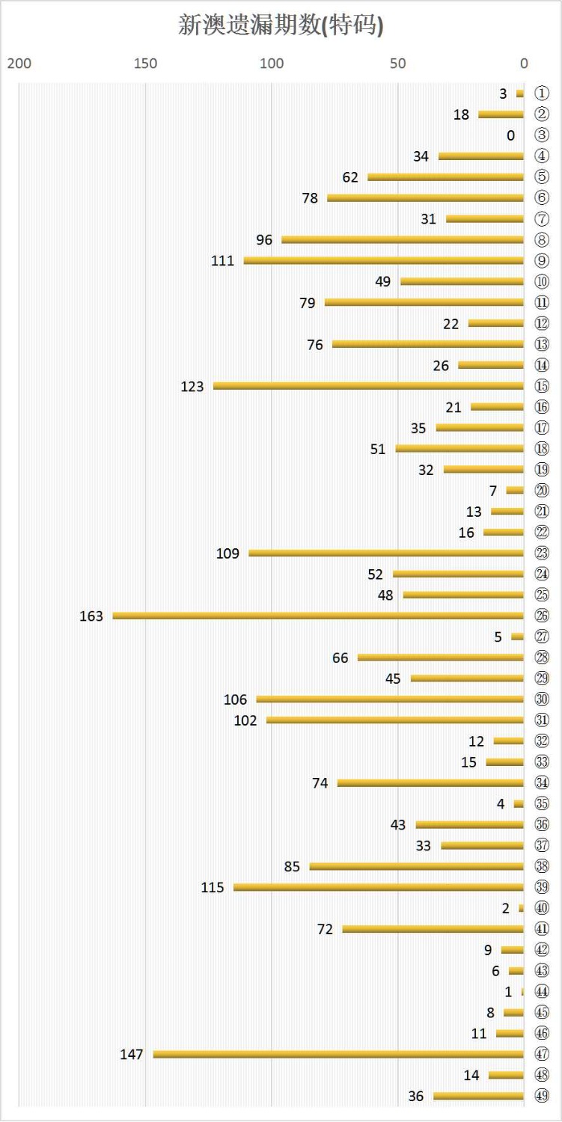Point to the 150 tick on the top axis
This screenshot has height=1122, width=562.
pos(145,63)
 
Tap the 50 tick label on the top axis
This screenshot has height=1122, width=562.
pos(398,63)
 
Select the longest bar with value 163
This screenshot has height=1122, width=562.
pos(318,616)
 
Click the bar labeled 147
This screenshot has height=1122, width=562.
pos(338,1054)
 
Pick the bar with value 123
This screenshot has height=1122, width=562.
pos(368,386)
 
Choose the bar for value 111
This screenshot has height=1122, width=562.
pos(383,260)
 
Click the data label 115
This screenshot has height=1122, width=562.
pos(213,887)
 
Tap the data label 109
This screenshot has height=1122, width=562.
pos(227,554)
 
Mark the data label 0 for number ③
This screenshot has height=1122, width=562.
pos(510,135)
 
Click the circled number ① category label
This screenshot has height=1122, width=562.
pos(542,93)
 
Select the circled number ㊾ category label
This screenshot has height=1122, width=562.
pos(542,1096)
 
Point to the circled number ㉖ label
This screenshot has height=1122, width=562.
pos(542,616)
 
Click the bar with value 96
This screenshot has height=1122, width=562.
pos(403,239)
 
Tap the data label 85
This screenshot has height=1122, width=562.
pos(292,866)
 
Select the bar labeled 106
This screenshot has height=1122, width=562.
pos(390,699)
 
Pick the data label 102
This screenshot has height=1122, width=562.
pos(245,720)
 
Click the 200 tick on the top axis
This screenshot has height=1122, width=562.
pos(19,63)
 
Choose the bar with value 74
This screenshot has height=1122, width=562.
pos(430,782)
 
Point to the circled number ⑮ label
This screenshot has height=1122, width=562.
pos(542,386)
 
